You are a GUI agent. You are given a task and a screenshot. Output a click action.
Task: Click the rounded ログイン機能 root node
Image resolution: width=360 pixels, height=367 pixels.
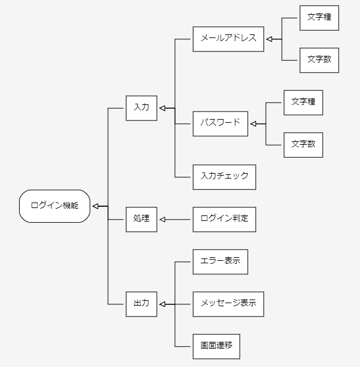click(x=55, y=206)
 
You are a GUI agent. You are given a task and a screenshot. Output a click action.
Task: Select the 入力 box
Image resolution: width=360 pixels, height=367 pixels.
click(x=141, y=107)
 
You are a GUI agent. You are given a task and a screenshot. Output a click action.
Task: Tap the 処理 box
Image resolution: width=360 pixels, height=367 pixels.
click(x=141, y=218)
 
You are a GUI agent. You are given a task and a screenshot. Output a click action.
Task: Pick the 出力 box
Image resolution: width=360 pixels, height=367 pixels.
click(x=141, y=304)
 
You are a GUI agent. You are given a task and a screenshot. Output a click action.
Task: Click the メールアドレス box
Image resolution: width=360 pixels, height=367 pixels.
click(x=228, y=39)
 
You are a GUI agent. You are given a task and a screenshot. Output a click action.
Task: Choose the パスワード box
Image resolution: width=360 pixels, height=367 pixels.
click(x=220, y=123)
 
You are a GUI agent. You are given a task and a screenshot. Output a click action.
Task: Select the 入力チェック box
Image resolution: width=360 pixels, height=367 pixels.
click(x=224, y=176)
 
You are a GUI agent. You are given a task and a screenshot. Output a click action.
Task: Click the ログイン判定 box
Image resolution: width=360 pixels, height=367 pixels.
click(x=224, y=218)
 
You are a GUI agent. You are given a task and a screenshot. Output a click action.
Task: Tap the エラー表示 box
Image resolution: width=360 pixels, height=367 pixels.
click(x=220, y=261)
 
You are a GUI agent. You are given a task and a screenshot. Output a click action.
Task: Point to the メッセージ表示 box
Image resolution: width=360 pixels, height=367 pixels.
click(x=228, y=304)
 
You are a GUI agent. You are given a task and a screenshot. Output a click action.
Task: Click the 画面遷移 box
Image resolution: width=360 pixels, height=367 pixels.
click(x=216, y=346)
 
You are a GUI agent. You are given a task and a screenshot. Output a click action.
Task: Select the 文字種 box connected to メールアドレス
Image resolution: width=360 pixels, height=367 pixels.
click(x=319, y=18)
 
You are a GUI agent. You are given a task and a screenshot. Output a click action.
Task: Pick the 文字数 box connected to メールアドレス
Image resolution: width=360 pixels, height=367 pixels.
click(x=319, y=60)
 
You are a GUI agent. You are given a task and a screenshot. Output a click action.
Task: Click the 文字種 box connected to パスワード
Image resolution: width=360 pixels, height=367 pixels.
click(x=303, y=102)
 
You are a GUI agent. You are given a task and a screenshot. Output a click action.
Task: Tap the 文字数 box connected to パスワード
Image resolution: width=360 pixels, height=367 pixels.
click(x=303, y=145)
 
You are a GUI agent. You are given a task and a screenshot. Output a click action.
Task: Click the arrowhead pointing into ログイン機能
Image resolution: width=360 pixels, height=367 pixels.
click(x=96, y=206)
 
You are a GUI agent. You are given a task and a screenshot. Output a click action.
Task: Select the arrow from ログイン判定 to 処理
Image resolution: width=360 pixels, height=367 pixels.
click(x=175, y=219)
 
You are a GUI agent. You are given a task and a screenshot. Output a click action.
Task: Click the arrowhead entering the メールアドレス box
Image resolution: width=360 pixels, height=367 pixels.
click(x=269, y=39)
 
